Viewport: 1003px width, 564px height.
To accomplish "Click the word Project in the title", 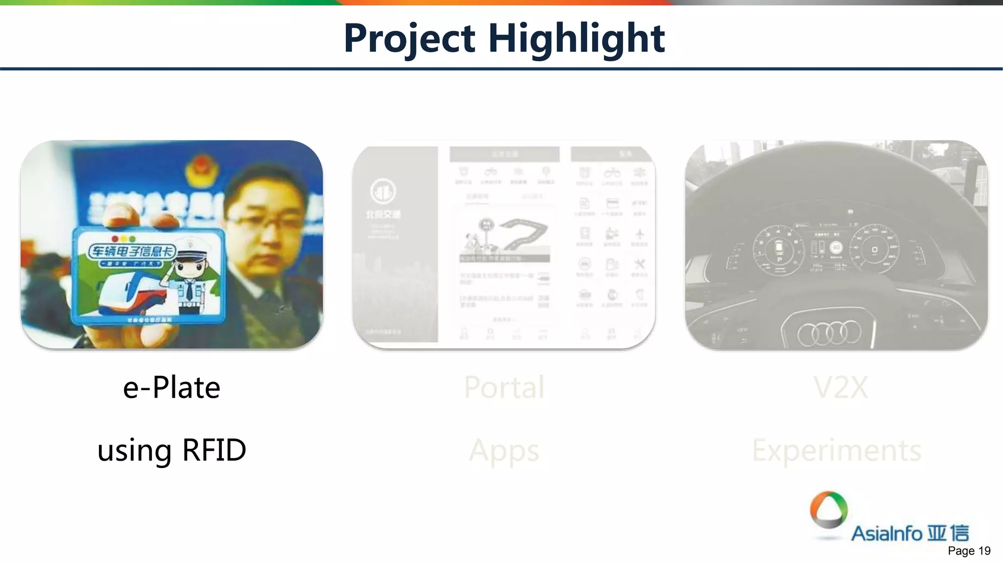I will pos(409,38).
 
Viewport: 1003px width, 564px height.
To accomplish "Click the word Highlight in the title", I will pos(576,38).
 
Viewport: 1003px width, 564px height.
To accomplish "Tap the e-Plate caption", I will pos(171,387).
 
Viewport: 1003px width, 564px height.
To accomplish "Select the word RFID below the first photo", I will pos(214,450).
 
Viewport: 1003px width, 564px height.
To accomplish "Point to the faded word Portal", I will pos(504,387).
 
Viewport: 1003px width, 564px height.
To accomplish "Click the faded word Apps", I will pos(504,451).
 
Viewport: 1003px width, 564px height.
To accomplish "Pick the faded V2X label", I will pos(840,387).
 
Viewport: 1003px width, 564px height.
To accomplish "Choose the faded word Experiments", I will pos(836,450).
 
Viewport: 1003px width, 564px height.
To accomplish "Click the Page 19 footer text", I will pos(969,551).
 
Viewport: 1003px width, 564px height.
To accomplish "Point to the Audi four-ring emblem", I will pos(829,332).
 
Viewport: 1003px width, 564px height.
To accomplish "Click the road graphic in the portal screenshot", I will pos(524,233).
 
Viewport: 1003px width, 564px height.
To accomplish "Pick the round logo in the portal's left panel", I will pos(383,191).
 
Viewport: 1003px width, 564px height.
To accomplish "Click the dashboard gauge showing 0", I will pos(874,250).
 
